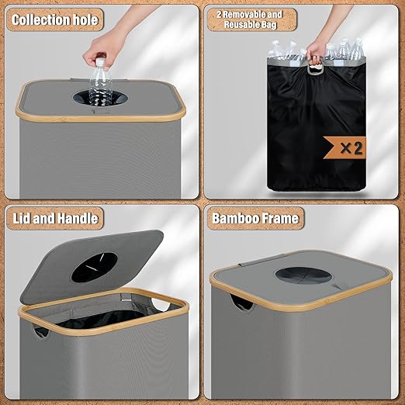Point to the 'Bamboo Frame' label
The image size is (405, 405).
coord(255,218)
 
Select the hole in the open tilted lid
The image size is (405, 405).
coord(95,267)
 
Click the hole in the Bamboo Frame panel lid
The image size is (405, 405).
coord(302,277)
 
